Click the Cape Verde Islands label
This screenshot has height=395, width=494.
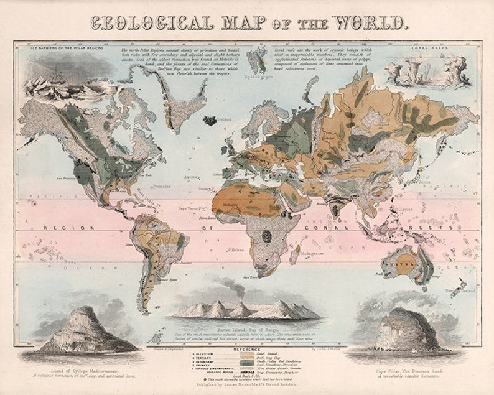[193, 209]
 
